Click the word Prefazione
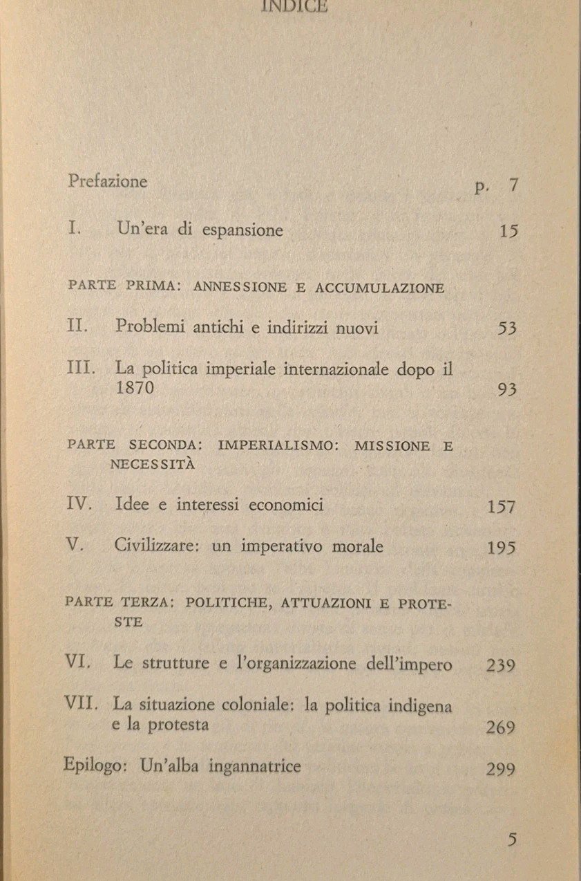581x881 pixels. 108,182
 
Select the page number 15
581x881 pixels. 508,231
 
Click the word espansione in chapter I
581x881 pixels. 242,231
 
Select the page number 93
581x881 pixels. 506,390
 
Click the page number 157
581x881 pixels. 502,507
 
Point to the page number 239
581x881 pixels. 501,666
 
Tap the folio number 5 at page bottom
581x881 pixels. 511,840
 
